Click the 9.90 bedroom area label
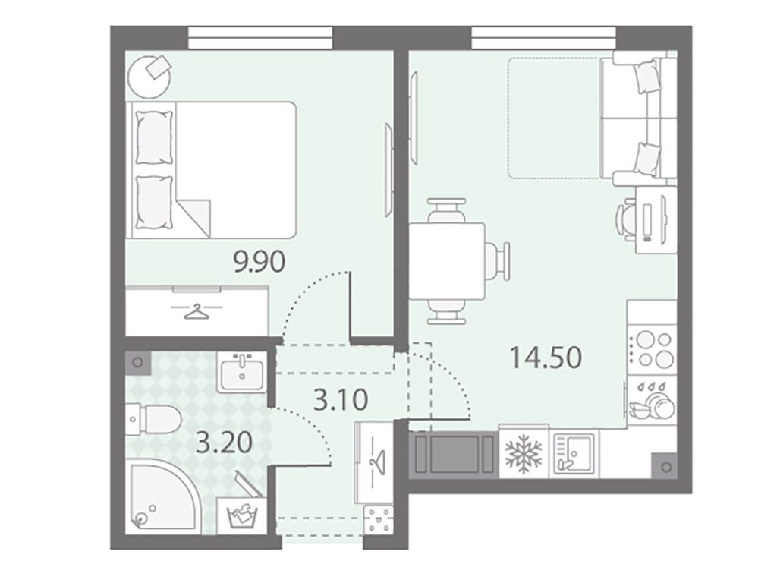[260, 261]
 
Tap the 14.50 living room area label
[546, 358]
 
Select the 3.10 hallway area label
[341, 399]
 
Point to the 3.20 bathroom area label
[225, 443]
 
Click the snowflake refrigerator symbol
[524, 454]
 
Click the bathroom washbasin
[242, 372]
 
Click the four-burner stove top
[652, 348]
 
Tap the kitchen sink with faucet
[574, 452]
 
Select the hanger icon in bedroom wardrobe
[197, 312]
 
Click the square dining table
[446, 260]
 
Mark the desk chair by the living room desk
[625, 219]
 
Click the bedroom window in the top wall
[260, 38]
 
